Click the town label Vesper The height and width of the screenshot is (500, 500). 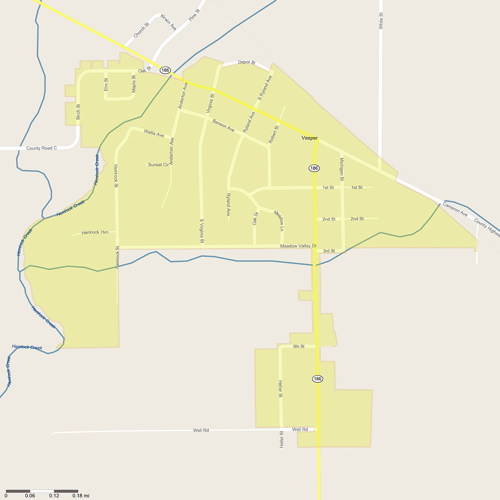coord(310,138)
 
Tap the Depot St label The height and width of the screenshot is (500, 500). coord(246,62)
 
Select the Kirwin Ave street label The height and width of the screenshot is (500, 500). coord(168,22)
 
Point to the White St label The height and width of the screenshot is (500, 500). coord(381,21)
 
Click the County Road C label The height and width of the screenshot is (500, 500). coord(41,148)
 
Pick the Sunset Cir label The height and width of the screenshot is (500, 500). coord(158,165)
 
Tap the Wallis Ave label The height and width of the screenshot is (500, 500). coord(154,133)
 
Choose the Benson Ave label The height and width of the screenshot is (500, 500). coord(223,125)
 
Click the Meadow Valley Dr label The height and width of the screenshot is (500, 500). coord(298,246)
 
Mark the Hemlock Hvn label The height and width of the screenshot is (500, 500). coord(95,232)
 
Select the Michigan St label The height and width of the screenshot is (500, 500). coord(342,169)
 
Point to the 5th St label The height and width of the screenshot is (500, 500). coord(299,347)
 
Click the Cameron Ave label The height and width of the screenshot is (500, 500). coord(455,209)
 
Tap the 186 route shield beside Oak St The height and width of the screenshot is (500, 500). coord(165,70)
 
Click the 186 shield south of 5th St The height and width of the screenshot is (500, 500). coord(317,379)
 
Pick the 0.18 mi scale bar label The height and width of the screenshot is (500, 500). coord(81,496)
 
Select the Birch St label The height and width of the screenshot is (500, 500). coord(78,112)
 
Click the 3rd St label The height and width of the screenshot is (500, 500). coord(329,251)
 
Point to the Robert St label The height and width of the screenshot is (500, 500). coord(273,135)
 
